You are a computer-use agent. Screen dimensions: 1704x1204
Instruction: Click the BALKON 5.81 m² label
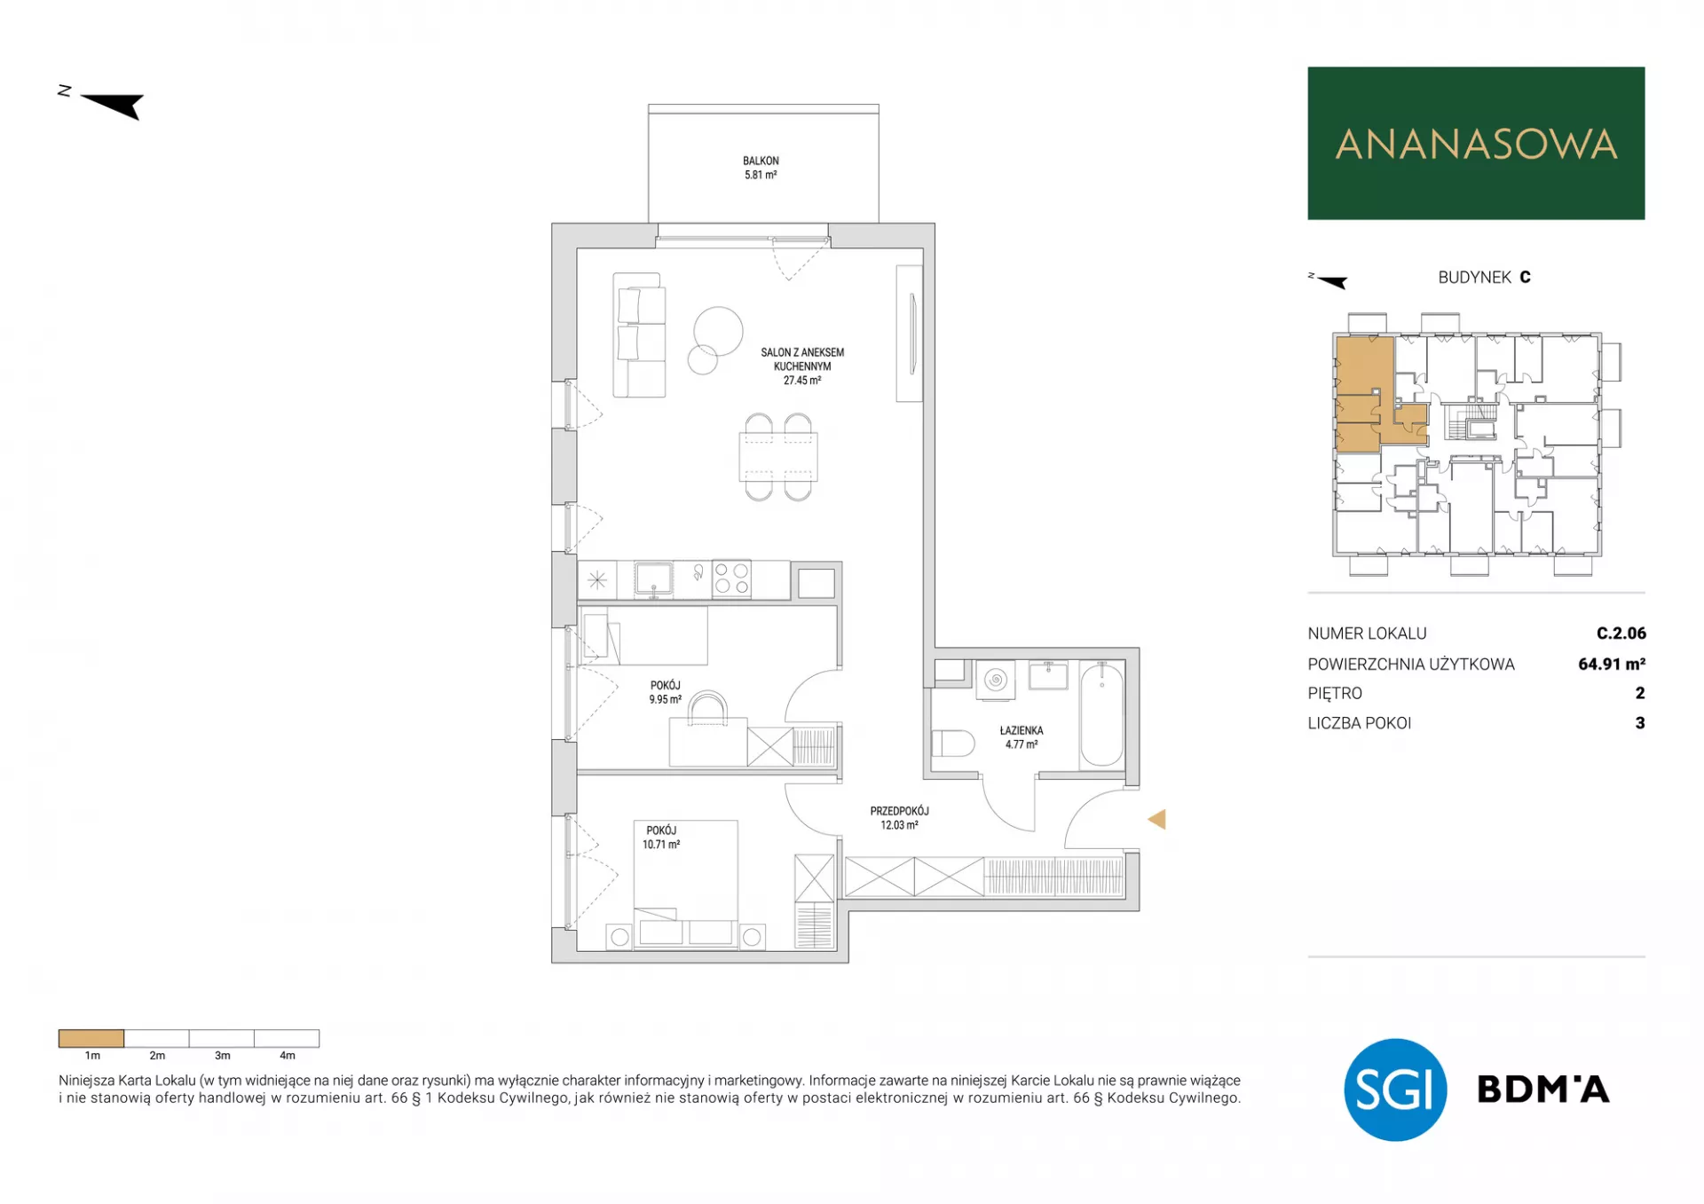pyautogui.click(x=761, y=168)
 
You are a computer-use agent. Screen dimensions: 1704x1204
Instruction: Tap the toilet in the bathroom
pyautogui.click(x=952, y=743)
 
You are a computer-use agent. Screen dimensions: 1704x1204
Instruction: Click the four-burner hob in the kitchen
pyautogui.click(x=731, y=578)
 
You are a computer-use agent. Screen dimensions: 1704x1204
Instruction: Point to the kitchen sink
pyautogui.click(x=653, y=578)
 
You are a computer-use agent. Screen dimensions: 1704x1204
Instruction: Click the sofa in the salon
pyautogui.click(x=639, y=334)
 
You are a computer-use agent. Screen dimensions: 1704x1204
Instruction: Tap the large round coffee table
pyautogui.click(x=718, y=331)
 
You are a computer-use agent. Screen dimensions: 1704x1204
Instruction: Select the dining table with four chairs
pyautogui.click(x=778, y=457)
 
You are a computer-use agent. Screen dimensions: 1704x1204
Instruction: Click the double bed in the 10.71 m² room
pyautogui.click(x=685, y=884)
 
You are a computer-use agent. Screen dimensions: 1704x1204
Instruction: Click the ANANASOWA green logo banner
pyautogui.click(x=1476, y=143)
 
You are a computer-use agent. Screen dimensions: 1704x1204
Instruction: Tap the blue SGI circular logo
pyautogui.click(x=1395, y=1090)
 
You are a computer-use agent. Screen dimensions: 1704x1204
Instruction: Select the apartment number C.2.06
pyautogui.click(x=1621, y=633)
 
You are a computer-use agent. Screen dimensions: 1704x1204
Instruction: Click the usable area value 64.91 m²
pyautogui.click(x=1612, y=664)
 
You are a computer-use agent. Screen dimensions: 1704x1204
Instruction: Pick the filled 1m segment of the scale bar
pyautogui.click(x=91, y=1038)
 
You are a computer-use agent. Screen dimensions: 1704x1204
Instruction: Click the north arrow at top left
pyautogui.click(x=112, y=105)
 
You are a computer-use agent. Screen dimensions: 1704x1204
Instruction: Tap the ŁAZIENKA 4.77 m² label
pyautogui.click(x=1022, y=737)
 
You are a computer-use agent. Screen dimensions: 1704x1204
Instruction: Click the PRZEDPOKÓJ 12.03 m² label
pyautogui.click(x=899, y=818)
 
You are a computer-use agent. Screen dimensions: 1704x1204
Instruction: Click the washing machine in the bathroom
pyautogui.click(x=996, y=681)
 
